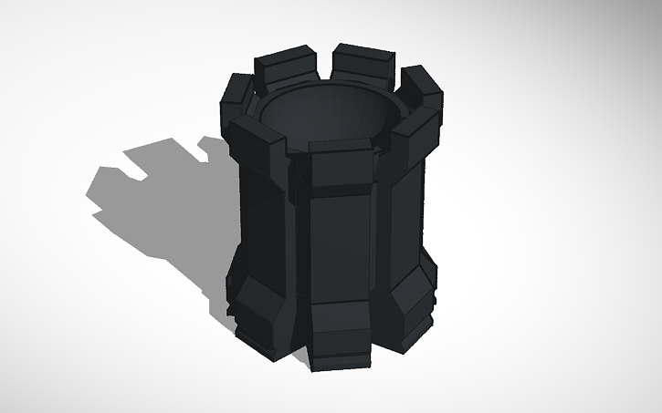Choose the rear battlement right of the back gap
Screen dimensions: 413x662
363,64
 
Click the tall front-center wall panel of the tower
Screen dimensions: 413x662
340,246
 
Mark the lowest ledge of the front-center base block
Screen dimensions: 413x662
340,365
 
